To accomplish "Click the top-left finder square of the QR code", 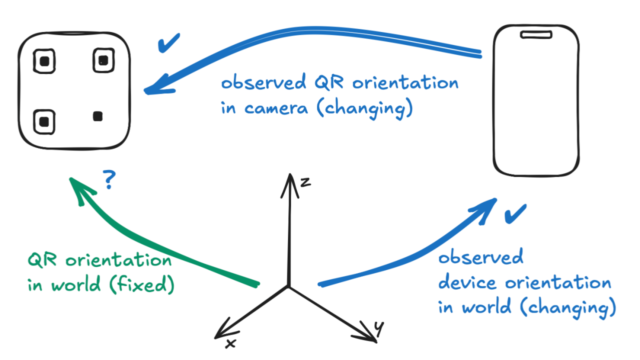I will point(44,61).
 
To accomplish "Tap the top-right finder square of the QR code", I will point(104,60).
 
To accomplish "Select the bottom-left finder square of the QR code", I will point(44,120).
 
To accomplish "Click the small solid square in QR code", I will point(98,116).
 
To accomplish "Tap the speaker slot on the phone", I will point(536,34).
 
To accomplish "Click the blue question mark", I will point(109,180).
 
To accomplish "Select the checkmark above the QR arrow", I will point(169,44).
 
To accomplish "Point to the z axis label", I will point(305,182).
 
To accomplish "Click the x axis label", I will point(231,343).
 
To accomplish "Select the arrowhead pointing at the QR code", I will point(153,88).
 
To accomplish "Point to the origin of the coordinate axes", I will point(289,286).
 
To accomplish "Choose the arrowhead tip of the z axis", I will point(289,176).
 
